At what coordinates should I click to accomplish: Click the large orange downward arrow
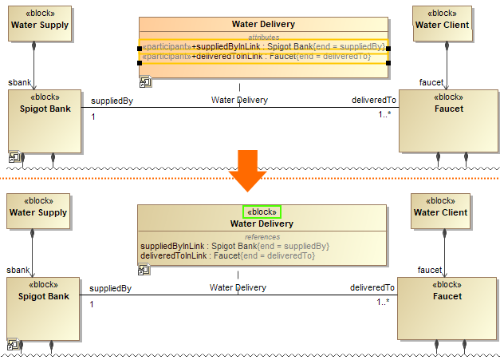pyautogui.click(x=249, y=173)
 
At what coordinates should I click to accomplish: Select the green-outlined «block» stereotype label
pyautogui.click(x=262, y=212)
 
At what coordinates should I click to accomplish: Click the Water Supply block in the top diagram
pyautogui.click(x=39, y=25)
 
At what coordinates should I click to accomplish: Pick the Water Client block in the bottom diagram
pyautogui.click(x=440, y=213)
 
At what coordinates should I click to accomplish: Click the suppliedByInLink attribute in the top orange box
pyautogui.click(x=263, y=46)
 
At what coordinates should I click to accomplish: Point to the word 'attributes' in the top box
pyautogui.click(x=263, y=36)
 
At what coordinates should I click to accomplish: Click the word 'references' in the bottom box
pyautogui.click(x=262, y=236)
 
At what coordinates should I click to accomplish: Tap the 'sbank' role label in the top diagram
pyautogui.click(x=19, y=82)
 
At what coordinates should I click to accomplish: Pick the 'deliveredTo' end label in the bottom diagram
pyautogui.click(x=372, y=288)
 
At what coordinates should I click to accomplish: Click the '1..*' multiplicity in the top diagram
pyautogui.click(x=384, y=117)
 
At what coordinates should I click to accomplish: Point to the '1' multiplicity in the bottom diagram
pyautogui.click(x=93, y=304)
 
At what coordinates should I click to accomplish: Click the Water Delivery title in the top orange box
pyautogui.click(x=263, y=25)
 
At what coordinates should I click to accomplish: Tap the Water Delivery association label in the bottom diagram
pyautogui.click(x=238, y=287)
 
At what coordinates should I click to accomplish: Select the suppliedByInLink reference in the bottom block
pyautogui.click(x=234, y=246)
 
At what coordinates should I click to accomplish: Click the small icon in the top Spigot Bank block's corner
pyautogui.click(x=14, y=158)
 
